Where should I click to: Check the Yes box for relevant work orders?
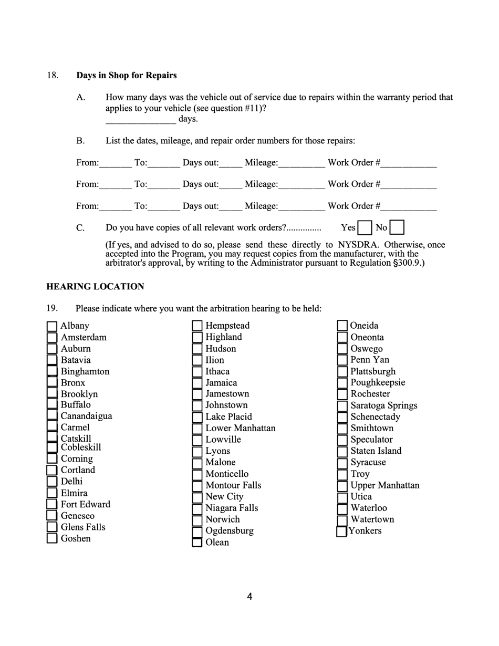(x=365, y=228)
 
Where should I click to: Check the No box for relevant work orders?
(x=398, y=228)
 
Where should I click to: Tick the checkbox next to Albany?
(x=52, y=326)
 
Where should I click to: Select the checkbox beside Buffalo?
(x=52, y=405)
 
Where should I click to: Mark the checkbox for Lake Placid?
(x=197, y=417)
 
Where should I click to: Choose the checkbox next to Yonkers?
(x=341, y=532)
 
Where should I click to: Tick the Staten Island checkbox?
(x=342, y=451)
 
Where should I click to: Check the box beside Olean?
(x=197, y=543)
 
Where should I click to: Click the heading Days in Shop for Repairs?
(x=127, y=75)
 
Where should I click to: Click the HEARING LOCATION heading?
(x=95, y=287)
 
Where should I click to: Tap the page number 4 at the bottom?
(x=250, y=597)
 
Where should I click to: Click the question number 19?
(x=52, y=308)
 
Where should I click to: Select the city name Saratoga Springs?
(x=384, y=405)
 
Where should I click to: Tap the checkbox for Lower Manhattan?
(x=197, y=429)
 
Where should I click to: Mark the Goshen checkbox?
(x=52, y=538)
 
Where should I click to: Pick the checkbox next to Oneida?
(x=342, y=326)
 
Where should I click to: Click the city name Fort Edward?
(x=86, y=504)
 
